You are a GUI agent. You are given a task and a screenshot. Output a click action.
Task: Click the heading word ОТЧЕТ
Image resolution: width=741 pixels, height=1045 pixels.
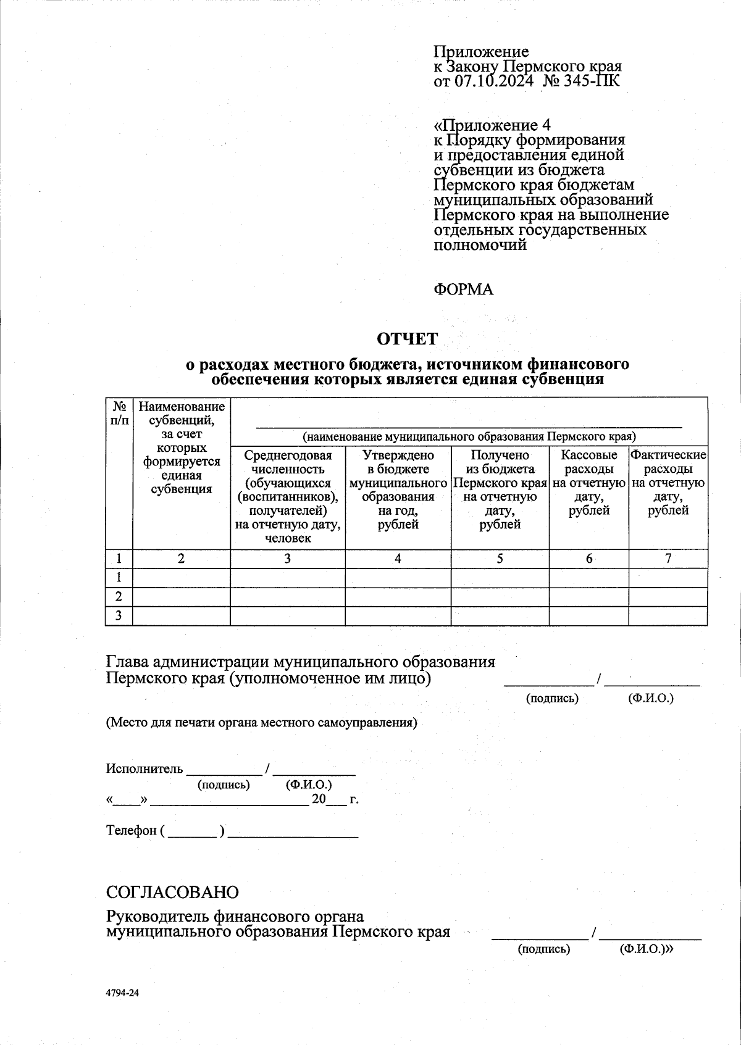click(407, 339)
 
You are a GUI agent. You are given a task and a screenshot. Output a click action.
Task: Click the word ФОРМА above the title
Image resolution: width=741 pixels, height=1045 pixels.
click(463, 289)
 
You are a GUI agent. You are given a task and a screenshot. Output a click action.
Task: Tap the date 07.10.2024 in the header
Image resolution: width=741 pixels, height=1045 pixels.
click(494, 81)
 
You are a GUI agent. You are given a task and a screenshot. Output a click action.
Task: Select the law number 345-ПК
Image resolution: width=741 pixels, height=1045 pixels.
click(590, 81)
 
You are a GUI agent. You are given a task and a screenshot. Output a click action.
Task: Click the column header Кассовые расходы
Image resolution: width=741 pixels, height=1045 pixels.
click(588, 483)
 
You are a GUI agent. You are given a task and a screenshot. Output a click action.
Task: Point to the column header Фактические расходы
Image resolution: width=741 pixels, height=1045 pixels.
click(668, 483)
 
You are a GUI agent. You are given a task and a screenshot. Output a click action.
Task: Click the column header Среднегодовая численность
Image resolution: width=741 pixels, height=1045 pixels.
click(287, 496)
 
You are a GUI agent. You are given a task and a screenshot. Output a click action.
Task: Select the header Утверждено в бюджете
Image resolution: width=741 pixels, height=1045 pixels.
click(398, 489)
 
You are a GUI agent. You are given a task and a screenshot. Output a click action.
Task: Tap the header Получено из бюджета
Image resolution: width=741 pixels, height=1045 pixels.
click(500, 489)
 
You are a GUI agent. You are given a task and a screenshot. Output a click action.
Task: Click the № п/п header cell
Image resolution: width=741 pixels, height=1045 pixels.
click(119, 413)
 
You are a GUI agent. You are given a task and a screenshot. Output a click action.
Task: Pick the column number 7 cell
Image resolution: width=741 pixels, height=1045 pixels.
click(668, 559)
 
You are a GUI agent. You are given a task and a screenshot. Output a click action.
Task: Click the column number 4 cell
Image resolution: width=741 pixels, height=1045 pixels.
click(398, 559)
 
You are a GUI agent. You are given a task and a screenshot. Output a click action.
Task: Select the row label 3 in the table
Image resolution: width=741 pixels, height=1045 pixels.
click(119, 615)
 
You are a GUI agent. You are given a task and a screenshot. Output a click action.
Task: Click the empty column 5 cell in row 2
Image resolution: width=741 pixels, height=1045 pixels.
click(500, 597)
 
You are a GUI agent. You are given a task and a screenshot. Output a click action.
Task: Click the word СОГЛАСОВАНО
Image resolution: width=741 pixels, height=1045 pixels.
click(172, 893)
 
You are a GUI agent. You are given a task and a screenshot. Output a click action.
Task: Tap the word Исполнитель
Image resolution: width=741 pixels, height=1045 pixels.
click(144, 768)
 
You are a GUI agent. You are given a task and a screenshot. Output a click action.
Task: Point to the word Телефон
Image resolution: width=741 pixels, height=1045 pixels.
click(132, 830)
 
